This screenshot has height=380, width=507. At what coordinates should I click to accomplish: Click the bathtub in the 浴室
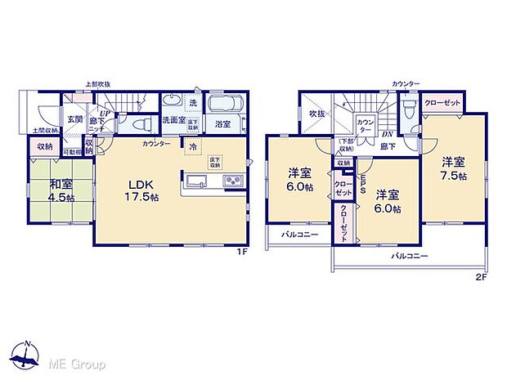coord(222,105)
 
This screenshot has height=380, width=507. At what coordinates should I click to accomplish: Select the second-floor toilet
coord(409,105)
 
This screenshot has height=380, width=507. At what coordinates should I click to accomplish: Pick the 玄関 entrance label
coord(74,119)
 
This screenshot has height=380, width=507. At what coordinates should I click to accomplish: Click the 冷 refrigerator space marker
coord(193,147)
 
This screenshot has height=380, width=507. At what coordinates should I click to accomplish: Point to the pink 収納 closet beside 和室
coord(43,148)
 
